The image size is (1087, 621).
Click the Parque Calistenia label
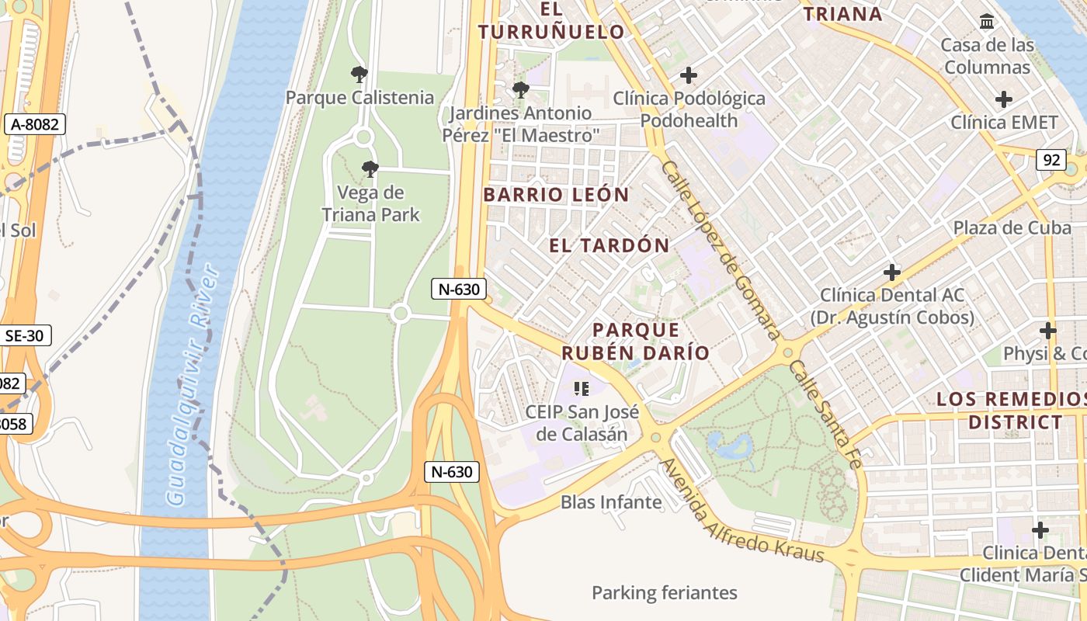click(x=359, y=98)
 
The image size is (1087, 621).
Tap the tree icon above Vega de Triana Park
click(x=370, y=168)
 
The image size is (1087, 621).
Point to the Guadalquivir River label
click(x=190, y=384)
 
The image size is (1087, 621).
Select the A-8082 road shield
click(x=34, y=124)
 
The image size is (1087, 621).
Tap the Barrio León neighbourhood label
click(x=556, y=194)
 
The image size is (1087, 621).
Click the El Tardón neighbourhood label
click(x=609, y=246)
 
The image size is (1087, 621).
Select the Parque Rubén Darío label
click(x=636, y=342)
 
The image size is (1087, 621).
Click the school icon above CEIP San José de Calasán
click(x=581, y=388)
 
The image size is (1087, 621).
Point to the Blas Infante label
click(x=611, y=502)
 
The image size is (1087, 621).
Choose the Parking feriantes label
click(x=664, y=593)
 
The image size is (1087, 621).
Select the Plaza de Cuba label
click(x=1001, y=227)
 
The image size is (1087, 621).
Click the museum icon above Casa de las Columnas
click(x=987, y=22)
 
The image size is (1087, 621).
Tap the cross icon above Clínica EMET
click(x=1004, y=99)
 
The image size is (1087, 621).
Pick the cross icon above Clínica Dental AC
click(x=892, y=272)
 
